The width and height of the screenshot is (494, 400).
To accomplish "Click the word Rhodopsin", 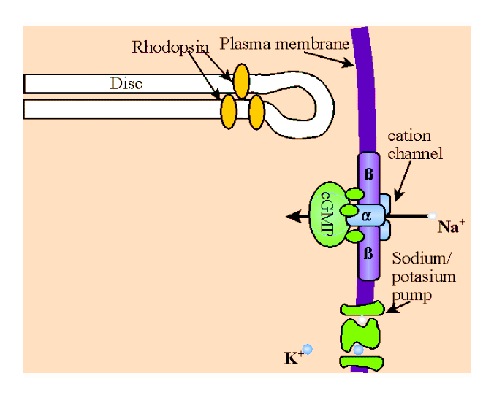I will click(x=170, y=47).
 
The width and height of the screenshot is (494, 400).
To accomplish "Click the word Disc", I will click(x=126, y=83).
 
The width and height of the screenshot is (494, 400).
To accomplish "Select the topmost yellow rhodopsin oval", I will click(x=240, y=82).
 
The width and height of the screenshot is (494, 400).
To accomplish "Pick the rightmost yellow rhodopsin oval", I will click(x=256, y=112).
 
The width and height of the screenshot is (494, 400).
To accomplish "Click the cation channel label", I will click(x=415, y=145).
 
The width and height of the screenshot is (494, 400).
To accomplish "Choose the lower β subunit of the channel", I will click(x=368, y=255).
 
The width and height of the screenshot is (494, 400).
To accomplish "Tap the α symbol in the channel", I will click(x=367, y=216).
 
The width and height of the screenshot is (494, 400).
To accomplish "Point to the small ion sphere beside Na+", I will click(x=433, y=216).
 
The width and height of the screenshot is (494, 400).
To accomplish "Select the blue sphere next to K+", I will click(x=308, y=349).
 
